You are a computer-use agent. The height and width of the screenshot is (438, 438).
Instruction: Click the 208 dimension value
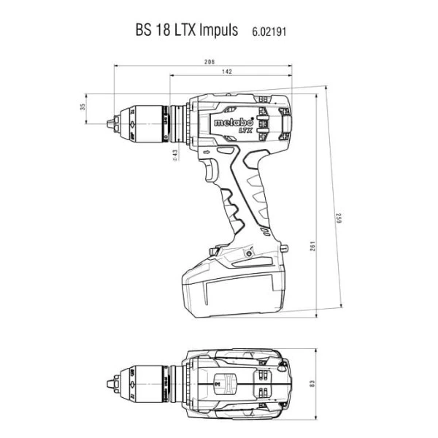(x=210, y=62)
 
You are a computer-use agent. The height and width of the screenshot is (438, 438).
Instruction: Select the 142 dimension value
(x=227, y=72)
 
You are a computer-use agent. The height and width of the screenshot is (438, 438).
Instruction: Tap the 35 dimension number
(x=82, y=107)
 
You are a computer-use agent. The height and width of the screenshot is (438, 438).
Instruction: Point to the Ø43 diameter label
(x=175, y=155)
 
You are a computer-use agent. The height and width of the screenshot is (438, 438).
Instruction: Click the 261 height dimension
(x=312, y=246)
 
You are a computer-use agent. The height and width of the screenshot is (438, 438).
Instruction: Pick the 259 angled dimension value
(x=339, y=218)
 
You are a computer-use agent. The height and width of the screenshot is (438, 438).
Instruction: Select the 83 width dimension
(x=312, y=383)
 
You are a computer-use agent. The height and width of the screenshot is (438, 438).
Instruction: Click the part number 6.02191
(x=269, y=31)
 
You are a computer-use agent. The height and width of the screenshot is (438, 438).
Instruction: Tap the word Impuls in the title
(x=218, y=30)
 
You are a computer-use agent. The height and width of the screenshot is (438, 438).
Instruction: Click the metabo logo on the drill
(x=234, y=123)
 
